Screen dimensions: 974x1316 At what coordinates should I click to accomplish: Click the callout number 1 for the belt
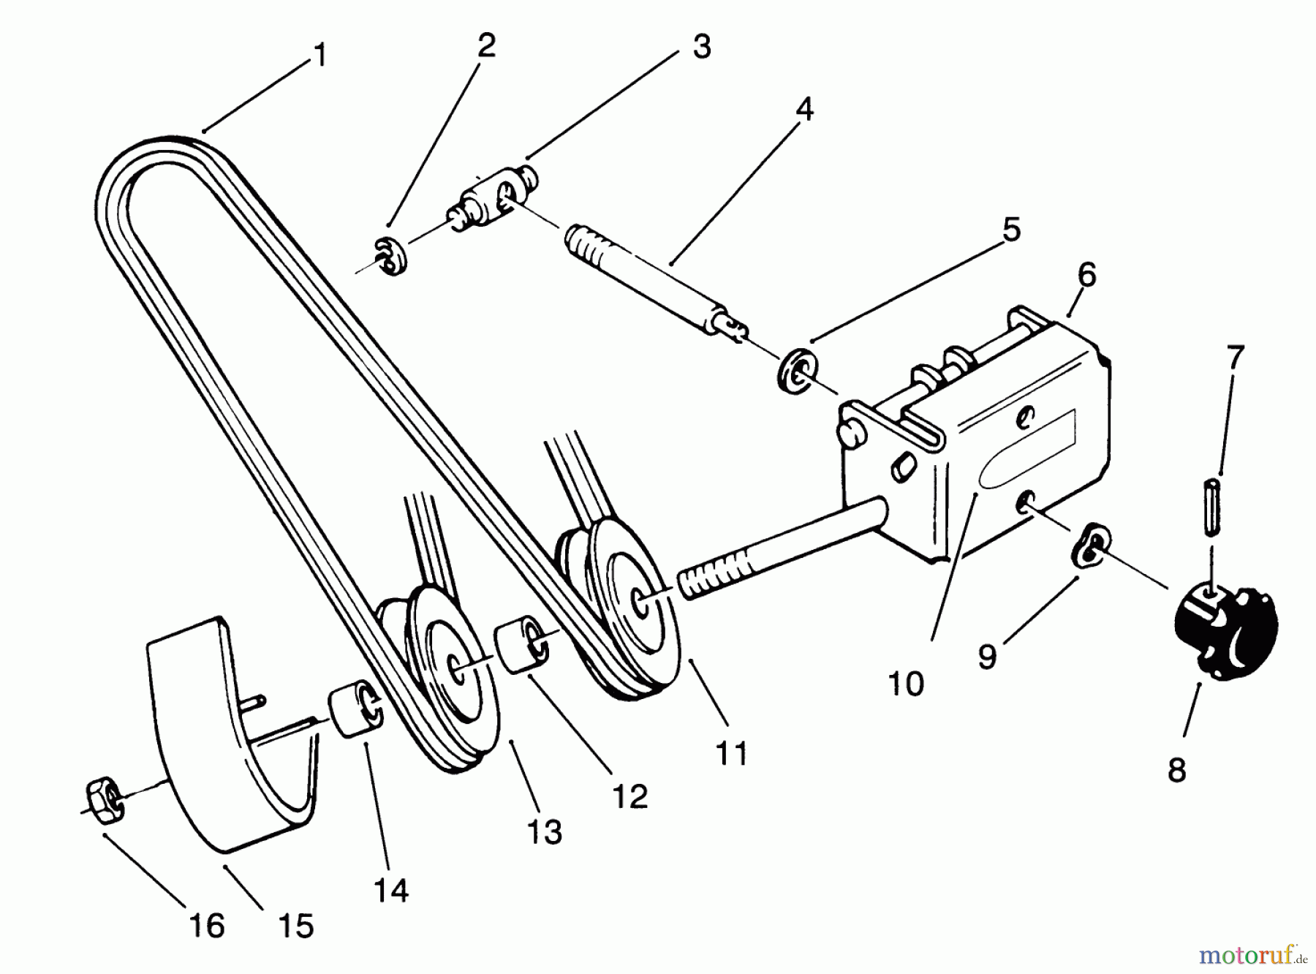pyautogui.click(x=319, y=56)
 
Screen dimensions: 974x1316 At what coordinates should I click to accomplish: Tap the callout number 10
pyautogui.click(x=906, y=684)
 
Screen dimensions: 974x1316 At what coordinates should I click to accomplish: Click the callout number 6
pyautogui.click(x=1086, y=275)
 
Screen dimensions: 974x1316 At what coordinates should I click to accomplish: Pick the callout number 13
pyautogui.click(x=544, y=831)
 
